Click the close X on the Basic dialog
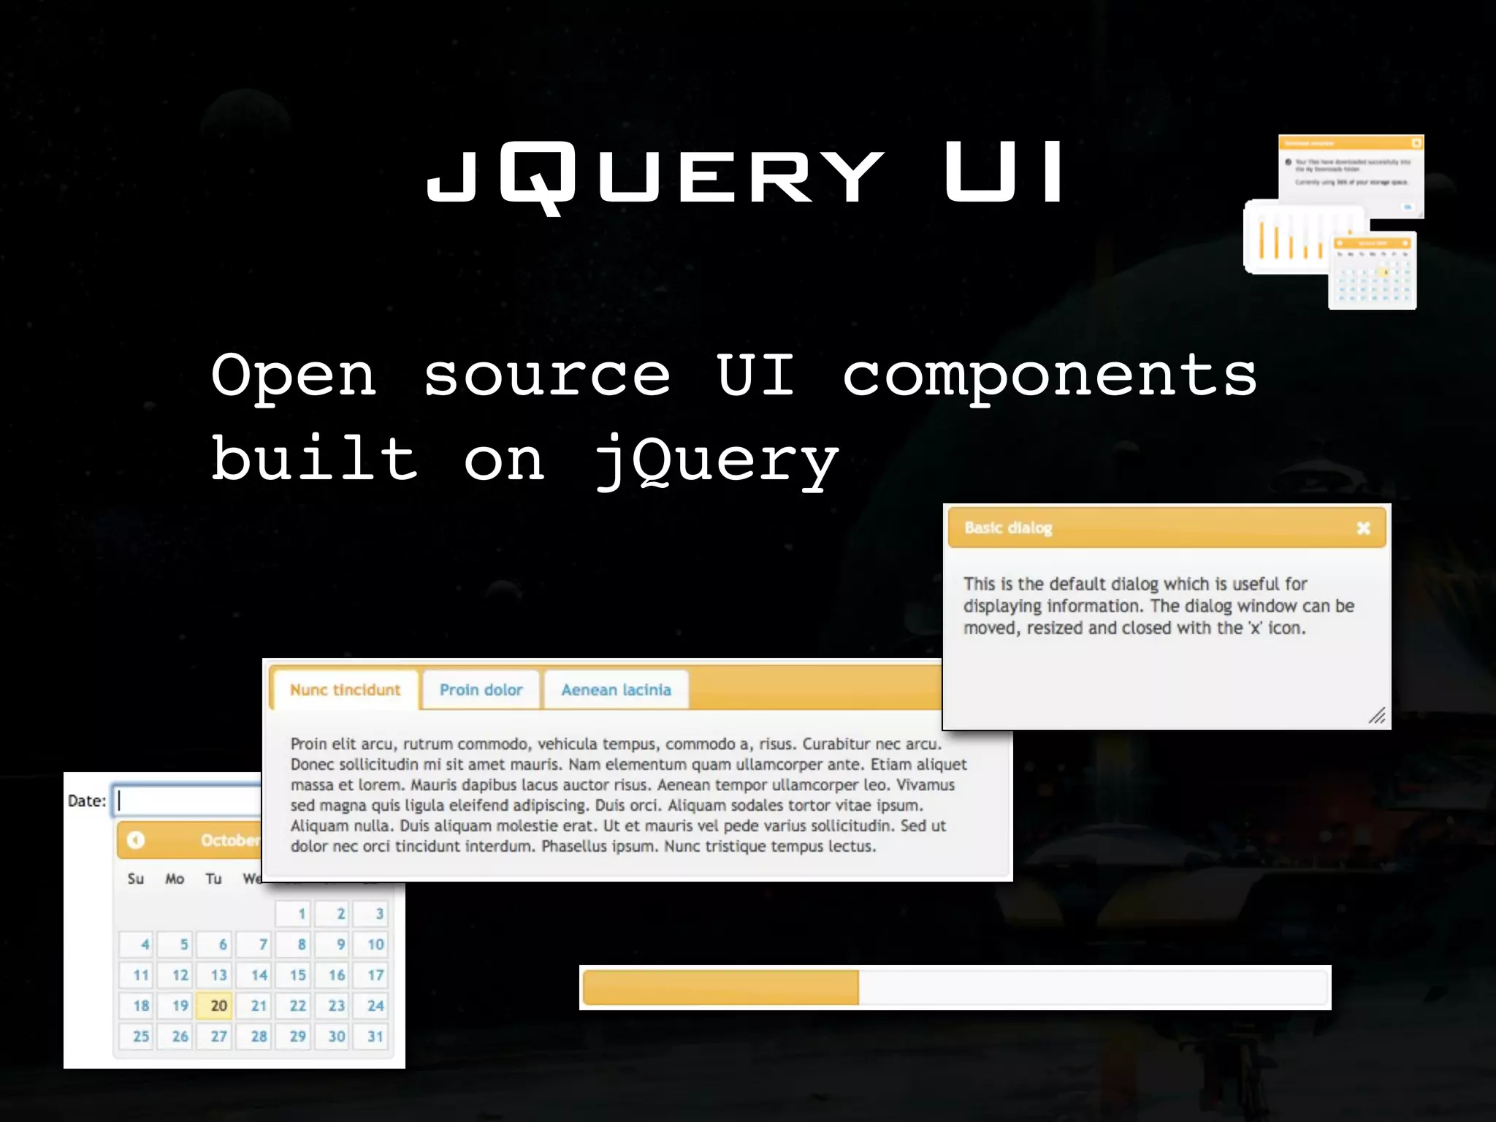click(x=1363, y=528)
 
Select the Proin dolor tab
click(x=481, y=690)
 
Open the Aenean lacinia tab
click(x=616, y=690)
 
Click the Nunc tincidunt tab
click(x=345, y=690)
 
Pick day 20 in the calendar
click(x=218, y=1006)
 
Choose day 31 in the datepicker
click(x=375, y=1037)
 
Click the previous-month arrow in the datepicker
click(x=136, y=840)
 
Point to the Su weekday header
click(x=136, y=879)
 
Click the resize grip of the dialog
click(x=1377, y=716)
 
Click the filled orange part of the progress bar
click(x=720, y=988)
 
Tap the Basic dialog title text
click(x=1008, y=528)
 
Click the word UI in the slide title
click(x=1004, y=172)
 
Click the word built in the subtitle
click(x=315, y=459)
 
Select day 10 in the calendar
click(x=375, y=944)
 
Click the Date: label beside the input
click(x=87, y=801)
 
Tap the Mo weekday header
click(x=175, y=879)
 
